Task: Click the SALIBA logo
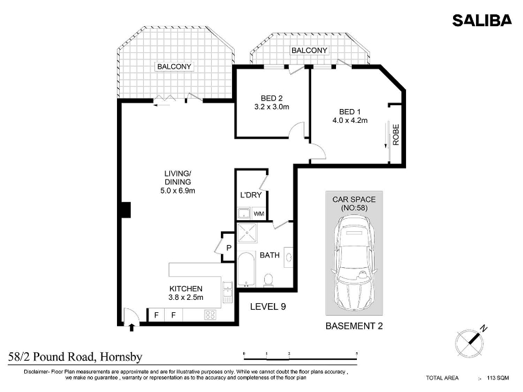tap(482, 20)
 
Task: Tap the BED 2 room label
tap(271, 99)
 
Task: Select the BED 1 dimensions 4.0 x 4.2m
tap(350, 120)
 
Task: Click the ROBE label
tap(396, 135)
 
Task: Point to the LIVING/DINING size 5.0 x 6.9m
tap(178, 191)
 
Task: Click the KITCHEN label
tap(186, 289)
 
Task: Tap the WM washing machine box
tap(259, 214)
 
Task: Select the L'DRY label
tap(251, 195)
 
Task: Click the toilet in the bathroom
tap(269, 280)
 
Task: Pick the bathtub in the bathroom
tap(246, 270)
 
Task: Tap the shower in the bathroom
tap(247, 233)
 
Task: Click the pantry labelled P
tap(228, 248)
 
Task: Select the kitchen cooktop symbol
tap(210, 315)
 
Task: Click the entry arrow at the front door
tap(131, 327)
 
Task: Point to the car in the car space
tap(354, 263)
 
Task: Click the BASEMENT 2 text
tap(354, 325)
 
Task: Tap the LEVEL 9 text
tap(268, 306)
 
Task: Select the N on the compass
tap(483, 329)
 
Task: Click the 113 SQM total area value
tap(498, 378)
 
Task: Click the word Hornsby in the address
tap(122, 357)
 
